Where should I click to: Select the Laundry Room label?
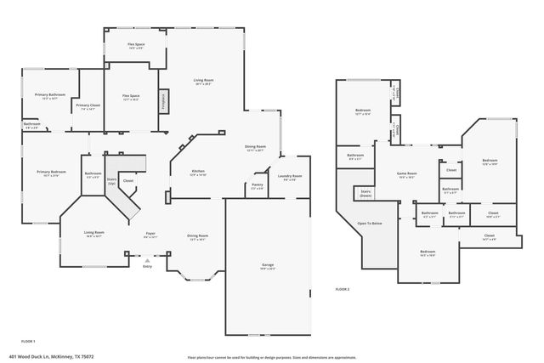[290, 177]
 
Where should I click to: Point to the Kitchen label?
[198, 173]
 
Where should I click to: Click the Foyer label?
[150, 234]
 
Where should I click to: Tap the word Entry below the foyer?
[147, 266]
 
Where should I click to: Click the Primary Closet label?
[88, 106]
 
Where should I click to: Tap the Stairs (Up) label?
[111, 181]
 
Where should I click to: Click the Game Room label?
[406, 174]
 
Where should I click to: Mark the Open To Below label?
[369, 224]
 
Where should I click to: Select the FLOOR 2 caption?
[342, 290]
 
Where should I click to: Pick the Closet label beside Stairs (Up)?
[128, 181]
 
